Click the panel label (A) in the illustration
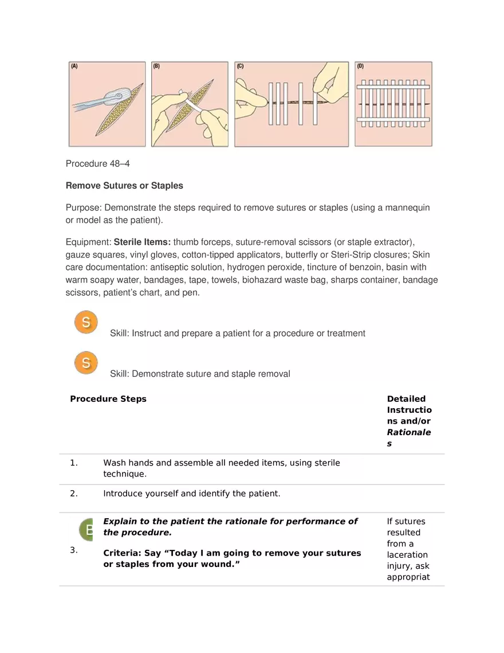coord(74,67)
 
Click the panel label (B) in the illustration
coord(156,67)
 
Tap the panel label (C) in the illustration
coord(241,67)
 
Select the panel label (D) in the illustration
coord(360,67)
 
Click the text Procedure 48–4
coord(98,164)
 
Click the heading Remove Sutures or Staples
coord(125,186)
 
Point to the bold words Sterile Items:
coord(142,243)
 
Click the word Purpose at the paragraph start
coord(83,208)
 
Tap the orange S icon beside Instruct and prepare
coord(86,322)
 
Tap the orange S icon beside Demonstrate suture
coord(86,363)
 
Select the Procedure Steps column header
coord(108,399)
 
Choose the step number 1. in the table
coord(73,463)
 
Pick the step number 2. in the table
coord(73,493)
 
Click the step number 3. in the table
coord(73,550)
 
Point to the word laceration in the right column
coord(407,555)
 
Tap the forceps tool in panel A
coord(86,107)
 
